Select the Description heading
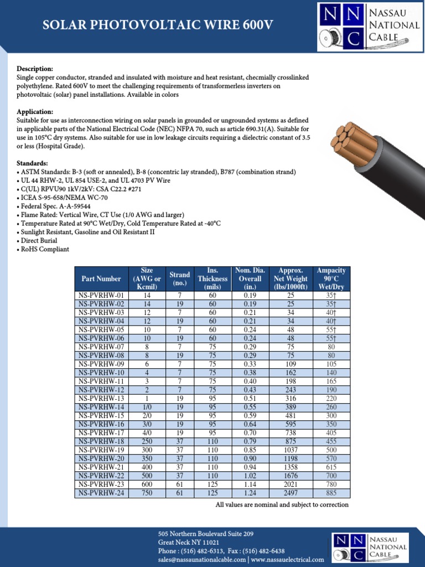(x=35, y=68)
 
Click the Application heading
(x=35, y=111)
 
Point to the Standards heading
(x=33, y=163)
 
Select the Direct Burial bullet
(x=38, y=241)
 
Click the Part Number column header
(x=101, y=279)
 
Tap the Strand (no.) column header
(x=180, y=279)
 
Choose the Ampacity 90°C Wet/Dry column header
(x=331, y=279)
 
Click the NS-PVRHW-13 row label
(x=101, y=399)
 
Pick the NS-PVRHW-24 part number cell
(x=101, y=493)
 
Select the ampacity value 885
(x=331, y=493)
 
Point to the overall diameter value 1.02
(x=250, y=476)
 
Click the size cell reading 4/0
(x=147, y=433)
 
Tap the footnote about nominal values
(x=282, y=505)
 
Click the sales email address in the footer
(x=202, y=560)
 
